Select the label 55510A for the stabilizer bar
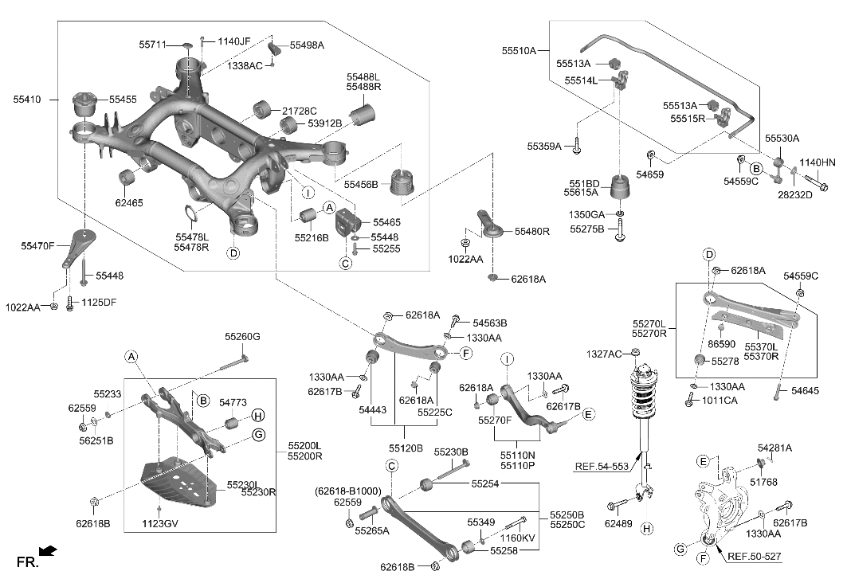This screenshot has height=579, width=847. [520, 50]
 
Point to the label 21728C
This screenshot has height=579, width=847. [299, 111]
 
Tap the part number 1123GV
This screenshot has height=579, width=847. [161, 524]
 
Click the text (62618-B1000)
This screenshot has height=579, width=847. [348, 491]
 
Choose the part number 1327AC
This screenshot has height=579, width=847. [604, 354]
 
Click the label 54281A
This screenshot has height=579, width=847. [774, 448]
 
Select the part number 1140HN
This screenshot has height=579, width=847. [817, 162]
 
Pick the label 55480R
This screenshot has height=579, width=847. [531, 232]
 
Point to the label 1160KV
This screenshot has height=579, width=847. [518, 539]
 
